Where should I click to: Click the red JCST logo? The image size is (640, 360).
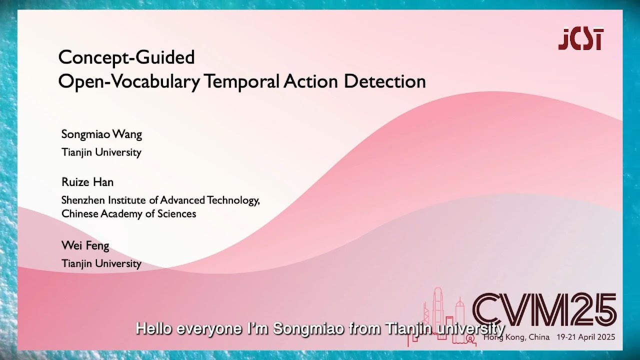(580, 38)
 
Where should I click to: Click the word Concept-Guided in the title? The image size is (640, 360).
(126, 57)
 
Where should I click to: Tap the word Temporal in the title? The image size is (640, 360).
(241, 81)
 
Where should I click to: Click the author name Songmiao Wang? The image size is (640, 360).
(101, 134)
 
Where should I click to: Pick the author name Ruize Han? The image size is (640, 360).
(87, 182)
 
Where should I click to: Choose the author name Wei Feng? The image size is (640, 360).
(85, 245)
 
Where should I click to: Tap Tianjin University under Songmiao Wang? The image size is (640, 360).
(101, 152)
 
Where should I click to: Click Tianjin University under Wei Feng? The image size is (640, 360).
(101, 263)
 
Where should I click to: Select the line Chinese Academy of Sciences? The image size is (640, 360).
(128, 214)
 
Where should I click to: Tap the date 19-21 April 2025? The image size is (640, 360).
(585, 337)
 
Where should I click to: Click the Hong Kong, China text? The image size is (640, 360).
(516, 337)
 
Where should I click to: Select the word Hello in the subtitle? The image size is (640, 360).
(154, 329)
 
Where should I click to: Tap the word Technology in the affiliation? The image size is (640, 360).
(232, 200)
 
